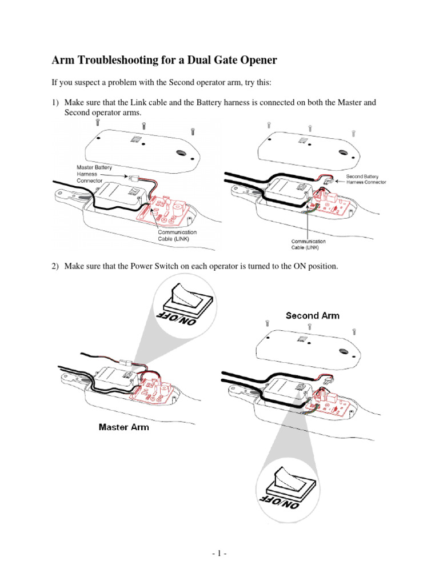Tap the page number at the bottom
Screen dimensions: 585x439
click(219, 554)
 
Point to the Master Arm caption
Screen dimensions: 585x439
click(124, 427)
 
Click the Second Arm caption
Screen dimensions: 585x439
click(312, 315)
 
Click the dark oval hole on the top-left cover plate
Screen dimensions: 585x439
click(181, 154)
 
